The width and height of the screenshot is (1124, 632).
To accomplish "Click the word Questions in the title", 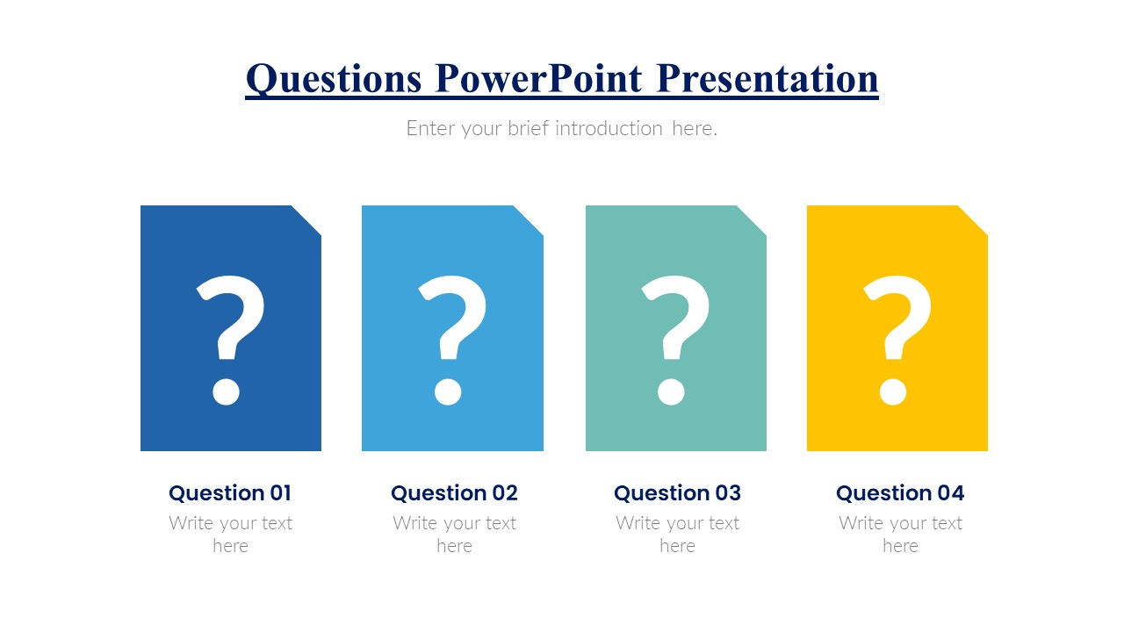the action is point(333,79).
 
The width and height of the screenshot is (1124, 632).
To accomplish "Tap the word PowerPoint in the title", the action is point(538,78).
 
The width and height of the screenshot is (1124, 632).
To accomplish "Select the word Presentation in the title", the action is point(767,78).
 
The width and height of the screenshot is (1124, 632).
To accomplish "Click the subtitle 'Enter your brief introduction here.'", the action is point(562,128).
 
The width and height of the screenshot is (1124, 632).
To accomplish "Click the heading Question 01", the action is point(230,493).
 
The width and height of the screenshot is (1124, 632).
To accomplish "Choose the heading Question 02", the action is point(454,493).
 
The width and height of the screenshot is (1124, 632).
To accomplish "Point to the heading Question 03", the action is point(677,493).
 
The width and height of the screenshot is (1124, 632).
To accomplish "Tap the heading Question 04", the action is point(900,493).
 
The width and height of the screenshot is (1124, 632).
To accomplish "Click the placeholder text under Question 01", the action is point(230,535).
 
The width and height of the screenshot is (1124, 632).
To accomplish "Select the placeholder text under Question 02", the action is point(454,535).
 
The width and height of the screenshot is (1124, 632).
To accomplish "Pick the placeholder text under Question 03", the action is point(677,535).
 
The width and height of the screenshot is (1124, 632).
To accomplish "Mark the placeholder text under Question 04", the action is point(900,535).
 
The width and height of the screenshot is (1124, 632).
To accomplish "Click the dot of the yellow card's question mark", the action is point(893,391).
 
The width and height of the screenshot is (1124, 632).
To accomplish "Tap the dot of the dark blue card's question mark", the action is point(226,391).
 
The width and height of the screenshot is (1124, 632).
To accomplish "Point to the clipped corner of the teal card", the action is point(751,220).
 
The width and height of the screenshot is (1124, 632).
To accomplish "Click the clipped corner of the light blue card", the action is point(528,220).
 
